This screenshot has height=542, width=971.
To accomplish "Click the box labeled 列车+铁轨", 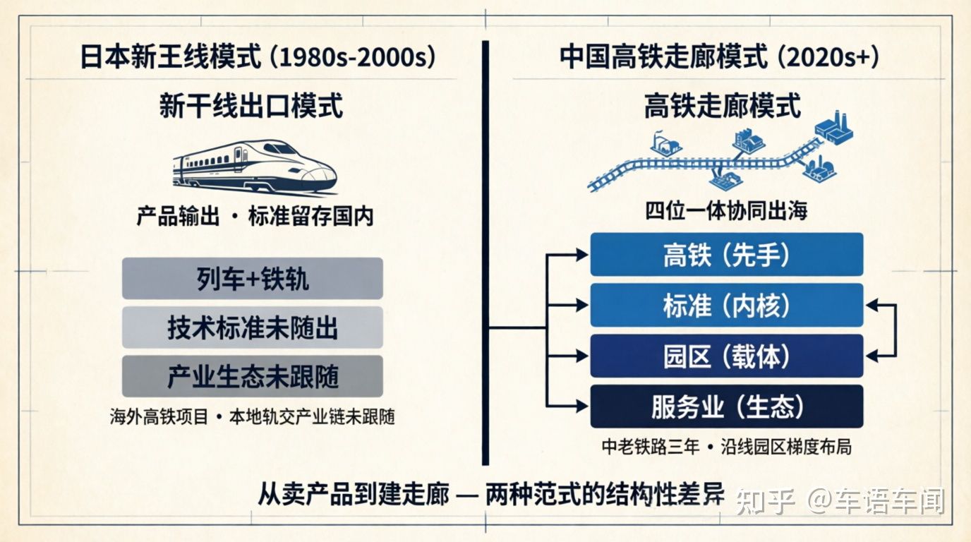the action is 253,278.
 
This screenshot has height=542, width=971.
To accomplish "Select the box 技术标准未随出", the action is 253,327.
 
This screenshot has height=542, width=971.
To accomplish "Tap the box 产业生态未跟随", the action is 253,376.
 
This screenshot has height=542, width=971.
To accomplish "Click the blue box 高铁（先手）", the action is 727,255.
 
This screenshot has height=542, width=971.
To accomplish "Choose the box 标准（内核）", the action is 727,306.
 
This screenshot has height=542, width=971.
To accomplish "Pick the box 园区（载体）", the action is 727,356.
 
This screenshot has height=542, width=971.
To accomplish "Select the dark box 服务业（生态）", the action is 727,406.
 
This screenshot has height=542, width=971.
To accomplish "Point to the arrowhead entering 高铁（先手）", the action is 581,255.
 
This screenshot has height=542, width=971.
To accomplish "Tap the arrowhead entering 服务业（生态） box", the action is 581,406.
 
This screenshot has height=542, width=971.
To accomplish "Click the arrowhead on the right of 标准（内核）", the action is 872,306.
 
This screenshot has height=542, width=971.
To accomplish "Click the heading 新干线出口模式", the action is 251,106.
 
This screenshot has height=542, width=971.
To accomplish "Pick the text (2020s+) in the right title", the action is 828,57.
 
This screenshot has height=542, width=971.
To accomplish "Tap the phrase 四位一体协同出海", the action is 727,211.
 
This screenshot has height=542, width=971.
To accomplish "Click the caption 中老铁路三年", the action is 651,447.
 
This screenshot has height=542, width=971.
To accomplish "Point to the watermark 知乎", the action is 766,502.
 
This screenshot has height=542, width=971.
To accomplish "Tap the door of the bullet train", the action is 239,159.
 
